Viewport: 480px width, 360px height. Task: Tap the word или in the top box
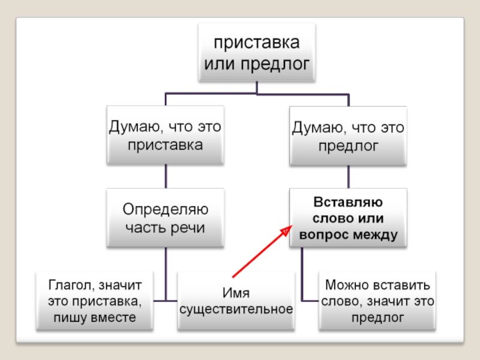(218, 63)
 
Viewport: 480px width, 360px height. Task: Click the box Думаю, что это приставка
(165, 136)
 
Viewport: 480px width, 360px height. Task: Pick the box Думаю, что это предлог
(348, 136)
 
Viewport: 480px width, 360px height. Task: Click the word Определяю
(165, 210)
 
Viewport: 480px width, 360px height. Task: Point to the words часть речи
(165, 228)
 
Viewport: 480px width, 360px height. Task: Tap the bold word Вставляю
(348, 202)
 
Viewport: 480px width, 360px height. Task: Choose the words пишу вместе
(94, 317)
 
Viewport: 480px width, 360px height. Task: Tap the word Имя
(236, 292)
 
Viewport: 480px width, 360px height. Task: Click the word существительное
(236, 309)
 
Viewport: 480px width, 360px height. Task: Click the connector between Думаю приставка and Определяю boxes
(166, 177)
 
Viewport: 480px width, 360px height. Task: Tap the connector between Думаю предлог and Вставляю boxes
(349, 177)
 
